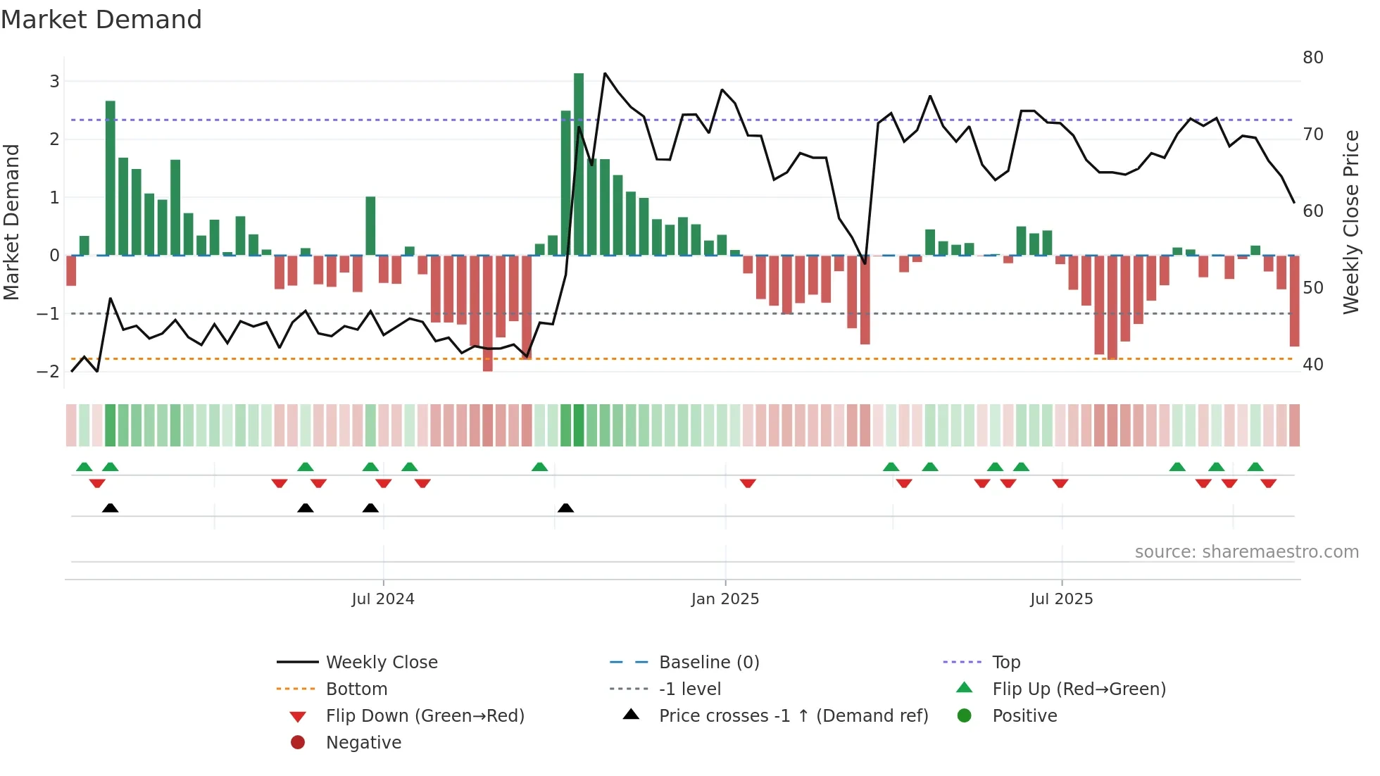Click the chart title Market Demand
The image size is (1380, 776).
[101, 19]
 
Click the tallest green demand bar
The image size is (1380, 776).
[579, 164]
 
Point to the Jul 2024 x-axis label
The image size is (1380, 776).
[383, 599]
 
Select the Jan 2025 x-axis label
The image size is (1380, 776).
[725, 599]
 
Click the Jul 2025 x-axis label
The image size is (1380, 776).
[1061, 599]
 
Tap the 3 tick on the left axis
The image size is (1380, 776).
[54, 81]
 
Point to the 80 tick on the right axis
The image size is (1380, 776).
[1312, 57]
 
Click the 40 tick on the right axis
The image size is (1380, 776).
[1312, 364]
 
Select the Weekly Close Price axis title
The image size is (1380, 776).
[1350, 222]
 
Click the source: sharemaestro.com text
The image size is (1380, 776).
[1246, 551]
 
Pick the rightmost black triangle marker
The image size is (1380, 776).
[565, 508]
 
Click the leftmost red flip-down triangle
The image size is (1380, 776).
[97, 483]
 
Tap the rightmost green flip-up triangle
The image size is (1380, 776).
[1255, 466]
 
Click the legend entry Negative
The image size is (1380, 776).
[363, 742]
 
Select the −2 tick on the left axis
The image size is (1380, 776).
[48, 371]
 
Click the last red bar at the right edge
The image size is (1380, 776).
[1294, 301]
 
